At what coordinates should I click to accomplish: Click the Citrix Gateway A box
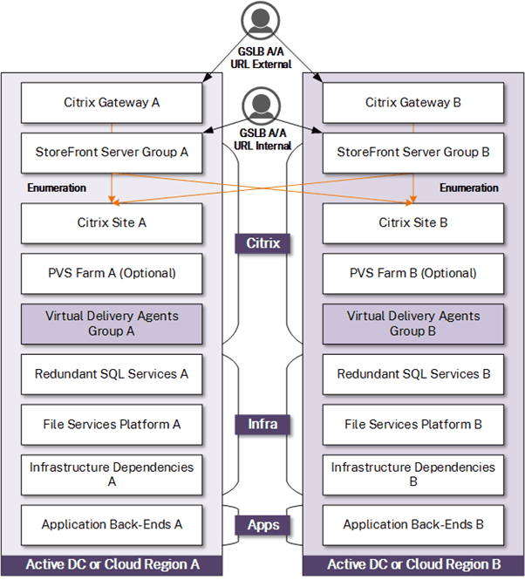click(x=112, y=103)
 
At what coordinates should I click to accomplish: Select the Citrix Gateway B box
click(x=413, y=103)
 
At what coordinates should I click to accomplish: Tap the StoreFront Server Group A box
click(x=112, y=151)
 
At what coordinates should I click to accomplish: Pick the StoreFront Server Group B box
click(x=413, y=151)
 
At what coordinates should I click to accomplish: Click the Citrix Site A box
click(x=112, y=223)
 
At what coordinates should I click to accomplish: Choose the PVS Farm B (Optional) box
click(x=413, y=273)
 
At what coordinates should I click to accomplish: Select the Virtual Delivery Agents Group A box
click(x=112, y=324)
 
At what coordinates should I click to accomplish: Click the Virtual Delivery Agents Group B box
click(x=413, y=324)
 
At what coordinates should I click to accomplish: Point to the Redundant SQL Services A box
click(x=112, y=374)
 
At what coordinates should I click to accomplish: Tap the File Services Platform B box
click(x=413, y=425)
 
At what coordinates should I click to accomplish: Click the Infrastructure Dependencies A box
click(x=112, y=474)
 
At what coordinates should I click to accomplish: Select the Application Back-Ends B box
click(x=413, y=525)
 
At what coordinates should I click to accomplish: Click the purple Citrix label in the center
click(x=262, y=243)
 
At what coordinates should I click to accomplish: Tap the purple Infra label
click(x=262, y=425)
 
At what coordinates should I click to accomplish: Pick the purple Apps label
click(x=262, y=525)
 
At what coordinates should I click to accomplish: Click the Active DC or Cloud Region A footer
click(x=112, y=565)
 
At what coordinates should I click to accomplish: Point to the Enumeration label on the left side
click(x=57, y=188)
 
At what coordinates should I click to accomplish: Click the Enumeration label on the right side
click(x=468, y=188)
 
